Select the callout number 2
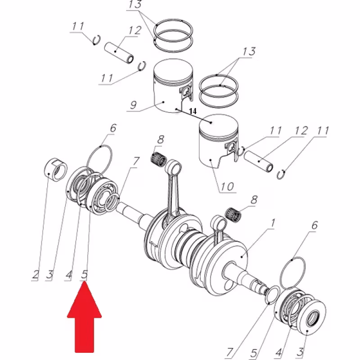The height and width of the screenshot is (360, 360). tap(35, 274)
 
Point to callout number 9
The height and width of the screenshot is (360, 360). tap(133, 106)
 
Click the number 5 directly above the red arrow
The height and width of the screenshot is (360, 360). tap(85, 274)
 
